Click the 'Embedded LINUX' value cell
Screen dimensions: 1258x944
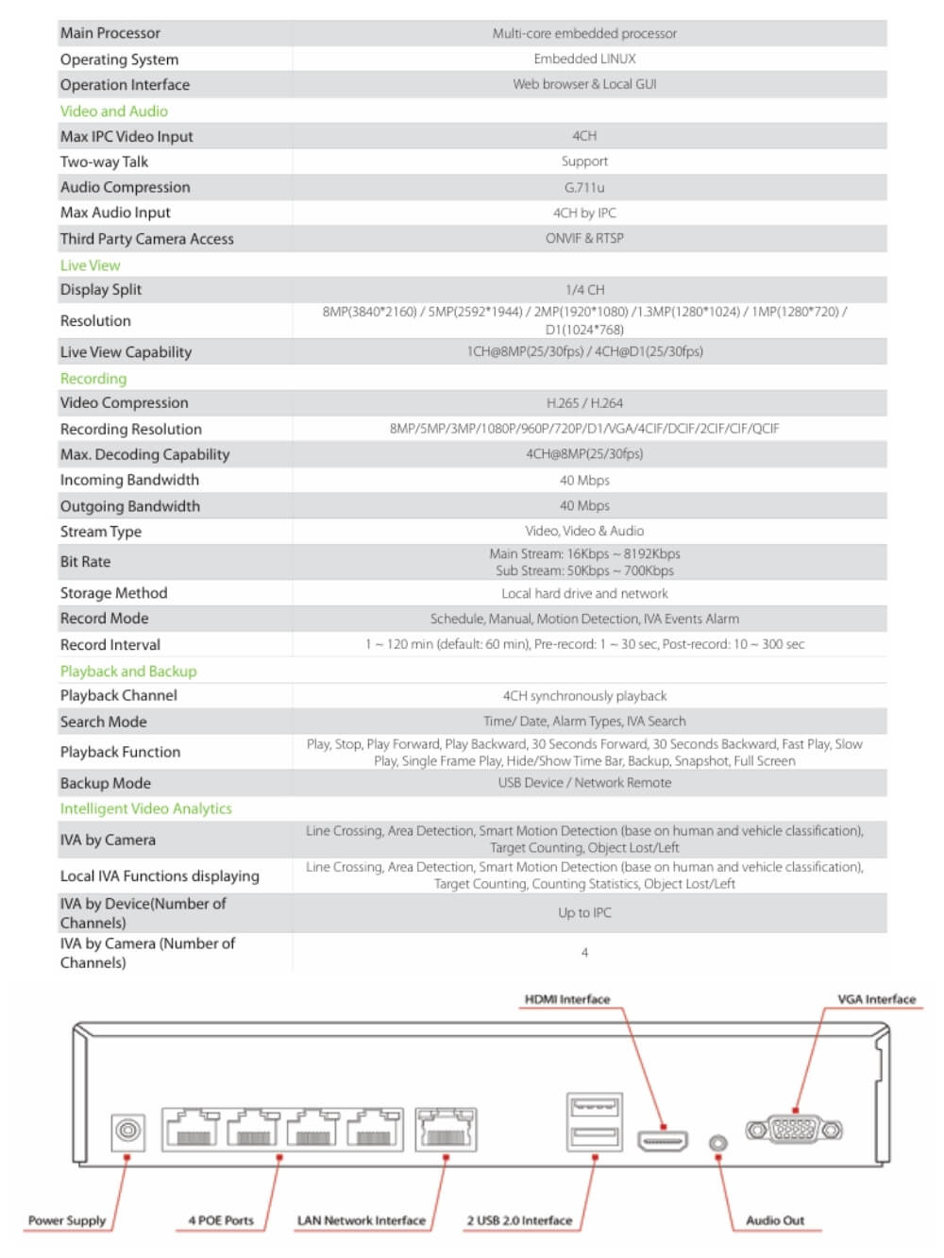[584, 59]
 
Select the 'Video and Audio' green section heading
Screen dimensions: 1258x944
[114, 110]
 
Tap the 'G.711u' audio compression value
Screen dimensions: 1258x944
[584, 187]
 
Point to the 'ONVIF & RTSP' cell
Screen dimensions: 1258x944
[584, 238]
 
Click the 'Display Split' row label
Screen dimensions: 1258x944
[101, 289]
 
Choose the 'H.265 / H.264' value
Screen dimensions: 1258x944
[584, 402]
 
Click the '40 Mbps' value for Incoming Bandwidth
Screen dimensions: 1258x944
[584, 480]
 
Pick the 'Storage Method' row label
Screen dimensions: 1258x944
[113, 592]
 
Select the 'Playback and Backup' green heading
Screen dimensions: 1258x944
[128, 671]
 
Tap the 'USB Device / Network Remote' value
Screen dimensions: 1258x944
[584, 782]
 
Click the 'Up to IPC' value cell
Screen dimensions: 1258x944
[584, 912]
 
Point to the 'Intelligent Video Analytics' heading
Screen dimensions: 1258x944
[146, 808]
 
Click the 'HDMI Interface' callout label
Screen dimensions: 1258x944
[567, 999]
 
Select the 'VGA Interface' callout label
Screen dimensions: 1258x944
[876, 999]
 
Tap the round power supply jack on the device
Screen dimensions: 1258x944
[128, 1130]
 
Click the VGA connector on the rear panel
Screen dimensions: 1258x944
[794, 1129]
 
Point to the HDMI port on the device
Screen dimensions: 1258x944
[663, 1141]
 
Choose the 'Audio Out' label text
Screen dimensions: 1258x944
[775, 1220]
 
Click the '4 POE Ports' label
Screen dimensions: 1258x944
[221, 1220]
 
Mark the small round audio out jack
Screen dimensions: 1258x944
[718, 1144]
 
